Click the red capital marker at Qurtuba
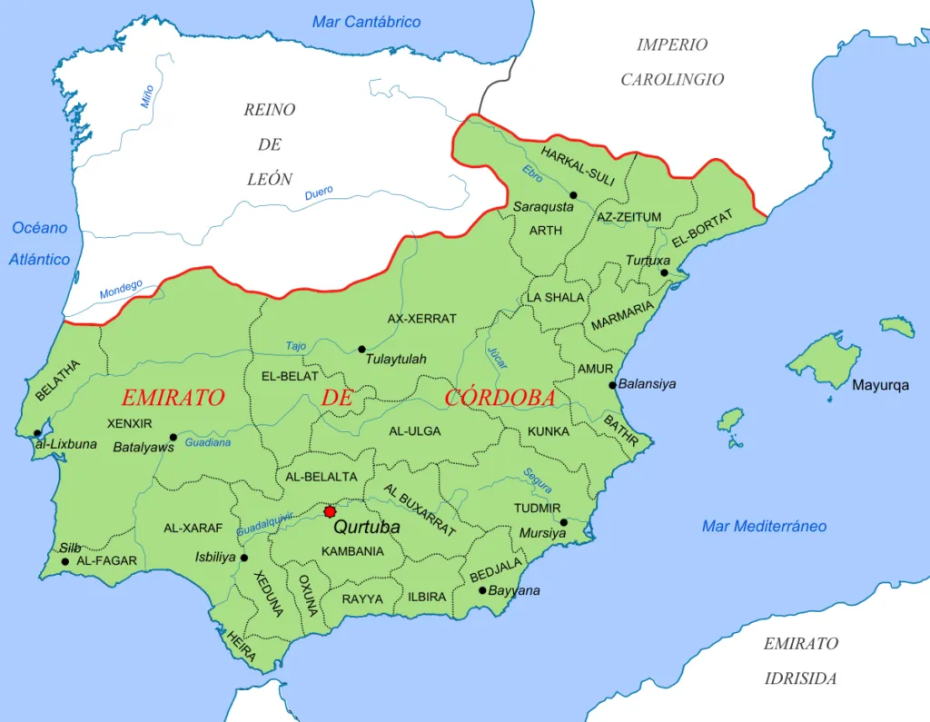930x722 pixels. (330, 512)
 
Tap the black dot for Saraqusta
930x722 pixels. (573, 195)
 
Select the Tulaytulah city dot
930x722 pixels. (361, 349)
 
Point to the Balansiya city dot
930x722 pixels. (613, 385)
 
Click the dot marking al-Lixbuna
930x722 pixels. (37, 433)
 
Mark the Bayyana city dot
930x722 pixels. (482, 590)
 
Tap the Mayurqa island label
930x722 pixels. (879, 385)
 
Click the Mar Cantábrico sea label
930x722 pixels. (366, 22)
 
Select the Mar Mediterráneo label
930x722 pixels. (764, 526)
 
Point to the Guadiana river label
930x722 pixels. (207, 443)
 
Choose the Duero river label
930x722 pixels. (318, 193)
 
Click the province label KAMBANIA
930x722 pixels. (352, 551)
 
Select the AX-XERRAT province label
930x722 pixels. (421, 319)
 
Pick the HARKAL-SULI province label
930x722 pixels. (578, 166)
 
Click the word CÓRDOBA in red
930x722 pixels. (500, 398)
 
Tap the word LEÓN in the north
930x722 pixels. (270, 179)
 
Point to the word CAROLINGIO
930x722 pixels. (672, 80)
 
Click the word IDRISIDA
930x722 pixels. (800, 678)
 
